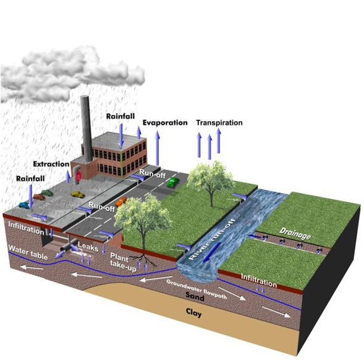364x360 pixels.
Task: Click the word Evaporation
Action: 164,122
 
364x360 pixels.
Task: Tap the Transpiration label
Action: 219,122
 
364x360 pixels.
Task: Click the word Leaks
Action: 88,246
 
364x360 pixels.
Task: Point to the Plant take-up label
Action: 122,259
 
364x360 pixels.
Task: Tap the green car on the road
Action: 174,182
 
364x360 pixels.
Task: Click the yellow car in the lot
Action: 77,194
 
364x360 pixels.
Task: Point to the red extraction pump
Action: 79,175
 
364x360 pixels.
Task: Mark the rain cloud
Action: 68,71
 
